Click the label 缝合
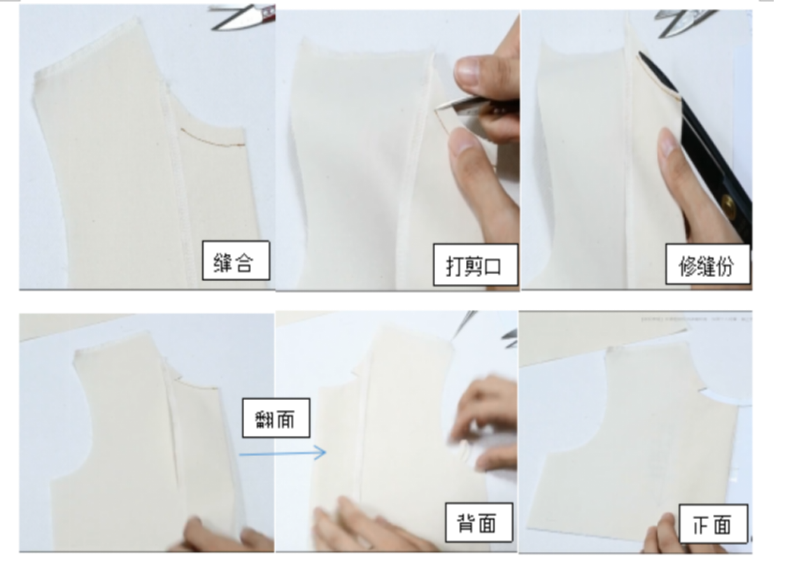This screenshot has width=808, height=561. coord(235,261)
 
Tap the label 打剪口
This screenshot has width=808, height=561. coord(474,265)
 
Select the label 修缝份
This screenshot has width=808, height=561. coord(707,264)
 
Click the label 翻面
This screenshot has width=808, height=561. coord(276,418)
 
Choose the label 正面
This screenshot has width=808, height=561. coord(713,523)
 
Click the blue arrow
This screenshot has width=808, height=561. coord(283,453)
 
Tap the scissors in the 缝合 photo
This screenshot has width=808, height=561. coord(243,17)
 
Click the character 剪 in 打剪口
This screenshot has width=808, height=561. coord(474,265)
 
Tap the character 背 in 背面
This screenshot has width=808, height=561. coord(467,523)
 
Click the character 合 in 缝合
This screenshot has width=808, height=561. coord(244,262)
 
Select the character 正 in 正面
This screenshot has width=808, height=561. coord(702,525)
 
